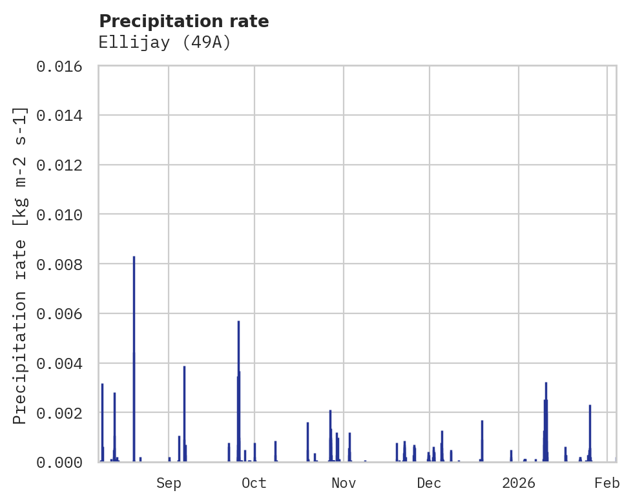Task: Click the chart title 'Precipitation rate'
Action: (x=183, y=21)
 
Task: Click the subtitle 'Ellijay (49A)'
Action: (x=165, y=43)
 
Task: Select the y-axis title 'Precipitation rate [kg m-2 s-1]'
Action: (x=20, y=265)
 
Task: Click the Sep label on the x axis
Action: (x=169, y=483)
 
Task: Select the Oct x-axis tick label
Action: (x=254, y=483)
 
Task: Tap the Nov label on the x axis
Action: (x=344, y=483)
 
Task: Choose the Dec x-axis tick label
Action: (x=430, y=483)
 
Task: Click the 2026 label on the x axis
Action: (x=519, y=483)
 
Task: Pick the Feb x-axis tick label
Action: (x=607, y=483)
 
